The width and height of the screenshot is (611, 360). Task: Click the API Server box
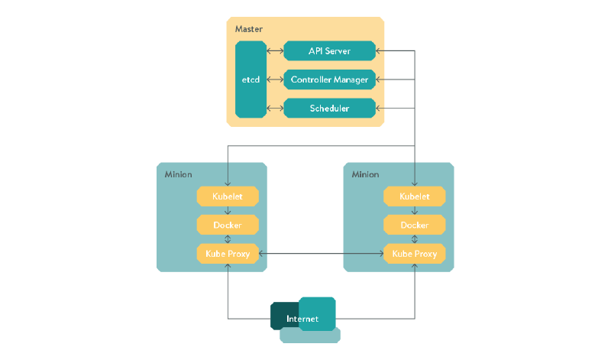coord(330,51)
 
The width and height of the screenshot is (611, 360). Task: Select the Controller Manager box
coord(330,79)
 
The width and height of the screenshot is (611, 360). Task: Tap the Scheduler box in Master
coord(330,109)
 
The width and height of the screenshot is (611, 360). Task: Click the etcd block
coord(251,79)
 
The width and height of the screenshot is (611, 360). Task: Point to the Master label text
coord(248,29)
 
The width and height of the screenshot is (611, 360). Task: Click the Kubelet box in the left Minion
coord(228,196)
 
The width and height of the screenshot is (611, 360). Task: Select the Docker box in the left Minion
coord(228,225)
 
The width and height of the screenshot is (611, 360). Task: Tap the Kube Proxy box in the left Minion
coord(228,253)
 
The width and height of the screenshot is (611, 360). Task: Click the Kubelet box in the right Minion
coord(414,196)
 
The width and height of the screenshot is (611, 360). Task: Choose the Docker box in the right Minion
coord(414,225)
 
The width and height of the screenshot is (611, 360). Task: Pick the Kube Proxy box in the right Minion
coord(414,253)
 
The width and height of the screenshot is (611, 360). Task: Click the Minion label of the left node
coord(178,174)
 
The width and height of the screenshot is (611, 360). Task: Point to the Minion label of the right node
coord(365,174)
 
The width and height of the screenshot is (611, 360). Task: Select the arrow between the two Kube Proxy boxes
coord(321,253)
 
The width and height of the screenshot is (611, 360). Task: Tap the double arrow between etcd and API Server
coord(275,51)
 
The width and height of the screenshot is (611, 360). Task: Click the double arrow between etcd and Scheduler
coord(275,109)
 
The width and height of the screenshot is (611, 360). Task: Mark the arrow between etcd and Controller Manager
coord(275,79)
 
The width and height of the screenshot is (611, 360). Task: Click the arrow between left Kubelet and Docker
coord(228,210)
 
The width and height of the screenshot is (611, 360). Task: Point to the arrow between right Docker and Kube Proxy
coord(414,239)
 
